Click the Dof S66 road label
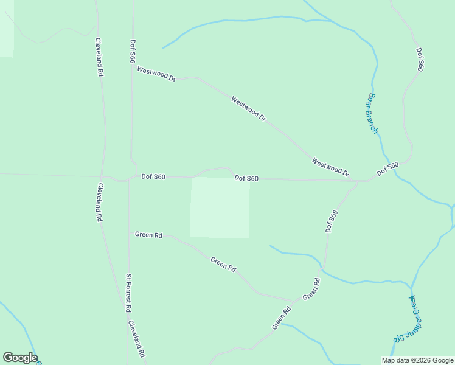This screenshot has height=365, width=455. (x=133, y=52)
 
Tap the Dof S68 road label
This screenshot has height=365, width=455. (x=332, y=221)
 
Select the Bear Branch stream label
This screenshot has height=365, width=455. (x=373, y=113)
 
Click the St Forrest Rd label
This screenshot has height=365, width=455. (x=129, y=293)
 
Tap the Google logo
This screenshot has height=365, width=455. (x=19, y=358)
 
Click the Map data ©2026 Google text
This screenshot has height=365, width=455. (x=418, y=360)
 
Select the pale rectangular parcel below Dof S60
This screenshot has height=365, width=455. (x=220, y=207)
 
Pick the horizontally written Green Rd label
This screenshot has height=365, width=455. (x=148, y=235)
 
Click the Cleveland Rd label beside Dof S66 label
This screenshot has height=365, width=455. (x=100, y=57)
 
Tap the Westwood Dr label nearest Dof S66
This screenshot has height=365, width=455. (x=156, y=74)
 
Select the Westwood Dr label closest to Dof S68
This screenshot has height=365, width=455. (x=330, y=167)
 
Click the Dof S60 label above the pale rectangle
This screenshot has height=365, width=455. (x=246, y=178)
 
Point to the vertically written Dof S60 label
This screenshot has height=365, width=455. (x=420, y=60)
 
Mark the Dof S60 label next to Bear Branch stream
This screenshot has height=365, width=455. (x=387, y=169)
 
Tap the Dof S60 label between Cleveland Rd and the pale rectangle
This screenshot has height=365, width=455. (x=153, y=177)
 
